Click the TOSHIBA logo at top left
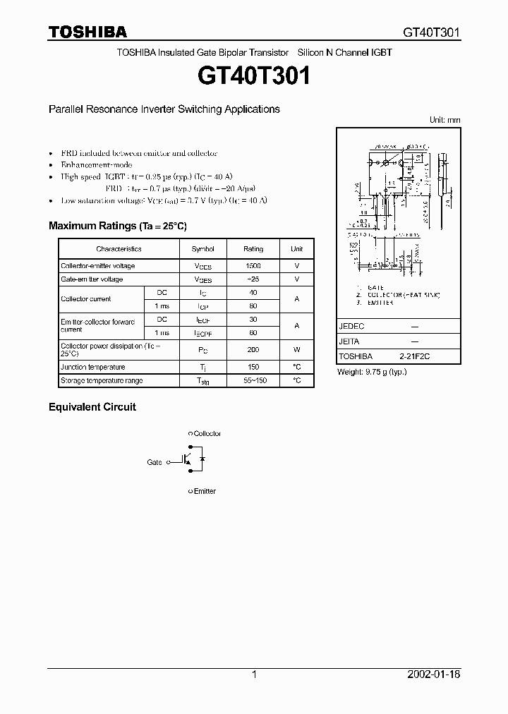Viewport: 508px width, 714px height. pos(87,32)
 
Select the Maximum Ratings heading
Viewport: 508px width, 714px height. pos(117,226)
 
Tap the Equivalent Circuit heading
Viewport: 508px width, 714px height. pos(92,407)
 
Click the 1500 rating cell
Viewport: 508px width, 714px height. pos(253,266)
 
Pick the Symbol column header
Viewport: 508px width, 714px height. pos(202,249)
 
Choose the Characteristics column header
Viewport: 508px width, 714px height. pos(119,249)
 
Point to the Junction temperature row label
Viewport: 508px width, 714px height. pos(93,367)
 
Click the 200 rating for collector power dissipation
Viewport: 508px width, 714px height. pos(253,350)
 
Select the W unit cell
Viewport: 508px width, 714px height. pos(297,350)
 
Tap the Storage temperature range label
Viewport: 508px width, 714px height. pos(102,380)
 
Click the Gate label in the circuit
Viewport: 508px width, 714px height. pos(154,462)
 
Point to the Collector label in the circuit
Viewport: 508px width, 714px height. pos(207,433)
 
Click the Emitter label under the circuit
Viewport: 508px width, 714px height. pos(205,491)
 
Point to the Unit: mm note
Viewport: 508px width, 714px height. pos(445,120)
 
